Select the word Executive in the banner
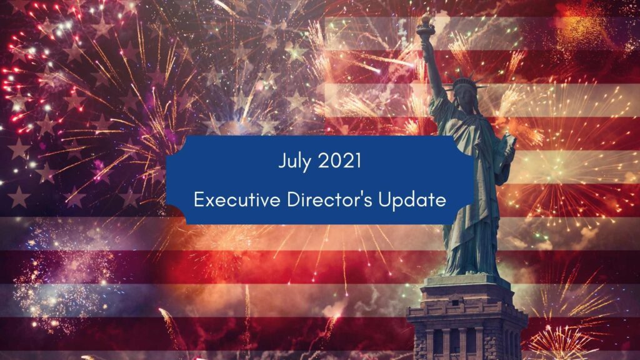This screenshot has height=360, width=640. (237, 199)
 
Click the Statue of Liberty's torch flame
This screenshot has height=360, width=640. (426, 18)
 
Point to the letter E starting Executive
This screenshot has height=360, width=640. (199, 200)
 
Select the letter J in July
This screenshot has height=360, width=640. (282, 161)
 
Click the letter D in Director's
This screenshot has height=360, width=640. (293, 200)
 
